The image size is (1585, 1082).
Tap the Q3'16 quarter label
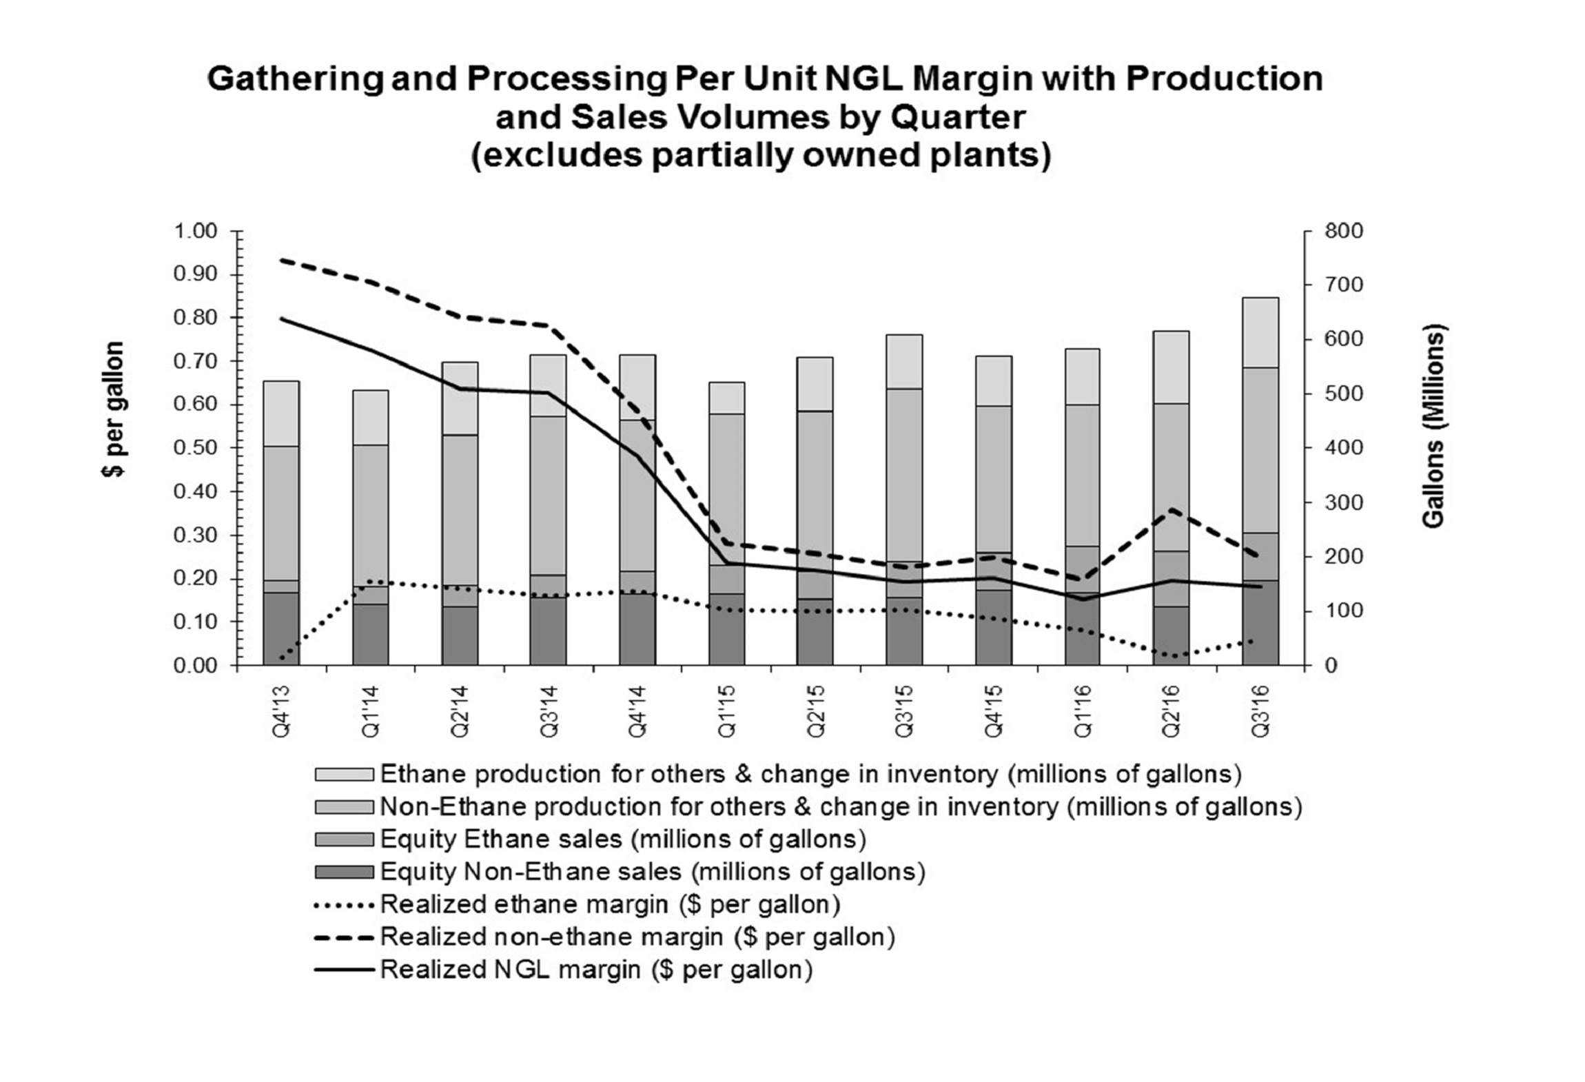[x=1260, y=711]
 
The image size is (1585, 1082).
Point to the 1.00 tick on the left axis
[x=195, y=231]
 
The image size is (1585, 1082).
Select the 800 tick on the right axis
[x=1343, y=231]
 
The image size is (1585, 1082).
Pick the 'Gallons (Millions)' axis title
[x=1434, y=426]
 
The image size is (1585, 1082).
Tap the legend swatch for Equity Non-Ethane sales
[x=344, y=872]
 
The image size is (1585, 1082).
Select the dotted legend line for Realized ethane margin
[x=344, y=905]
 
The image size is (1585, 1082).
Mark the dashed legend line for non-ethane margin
[x=344, y=937]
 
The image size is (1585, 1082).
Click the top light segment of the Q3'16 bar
[x=1260, y=332]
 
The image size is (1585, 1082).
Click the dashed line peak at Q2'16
[x=1171, y=509]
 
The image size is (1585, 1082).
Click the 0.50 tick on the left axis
[x=195, y=448]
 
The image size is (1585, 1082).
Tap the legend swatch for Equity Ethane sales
[x=344, y=839]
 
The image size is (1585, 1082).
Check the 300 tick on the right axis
[x=1343, y=502]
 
